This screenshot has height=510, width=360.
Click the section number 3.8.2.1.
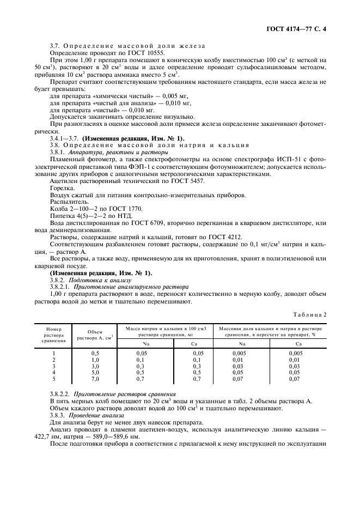tap(60, 286)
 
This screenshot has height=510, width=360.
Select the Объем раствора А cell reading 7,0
tap(95, 378)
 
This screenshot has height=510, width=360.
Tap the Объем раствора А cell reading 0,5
tap(95, 353)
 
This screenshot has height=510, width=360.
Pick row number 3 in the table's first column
tap(53, 366)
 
